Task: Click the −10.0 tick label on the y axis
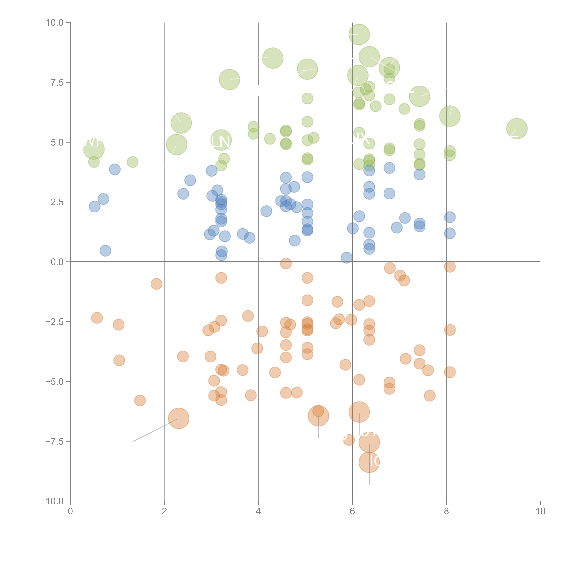click(52, 501)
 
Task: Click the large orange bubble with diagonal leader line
click(179, 418)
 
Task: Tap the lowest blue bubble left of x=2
click(105, 251)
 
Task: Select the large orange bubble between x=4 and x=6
click(318, 416)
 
